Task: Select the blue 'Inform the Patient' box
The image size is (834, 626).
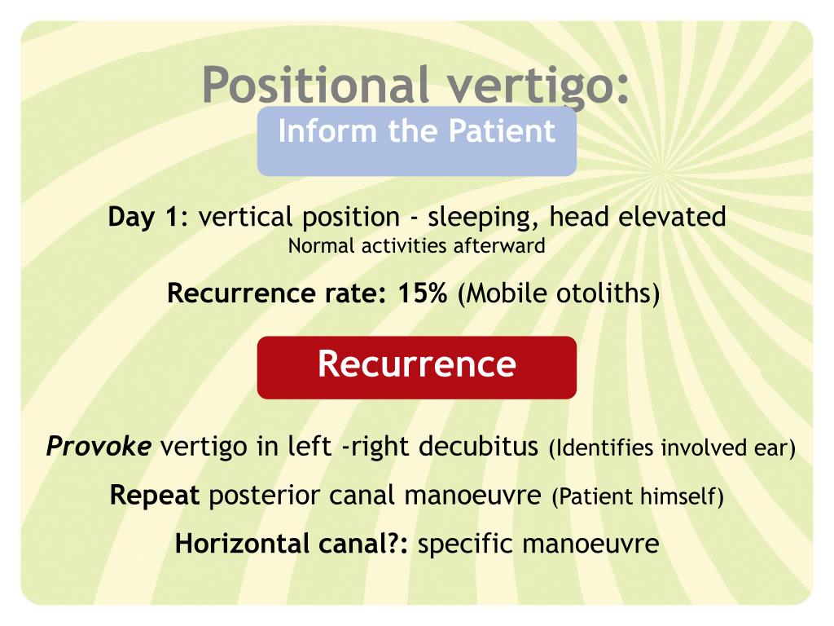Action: [x=416, y=140]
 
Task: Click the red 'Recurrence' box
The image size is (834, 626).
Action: [x=416, y=367]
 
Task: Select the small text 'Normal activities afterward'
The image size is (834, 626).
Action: [x=416, y=245]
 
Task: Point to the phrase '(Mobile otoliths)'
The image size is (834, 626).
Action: [x=559, y=293]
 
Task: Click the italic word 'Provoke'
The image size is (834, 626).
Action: [x=99, y=447]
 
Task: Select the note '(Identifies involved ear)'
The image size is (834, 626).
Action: [x=671, y=447]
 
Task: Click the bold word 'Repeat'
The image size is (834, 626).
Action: [x=155, y=496]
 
